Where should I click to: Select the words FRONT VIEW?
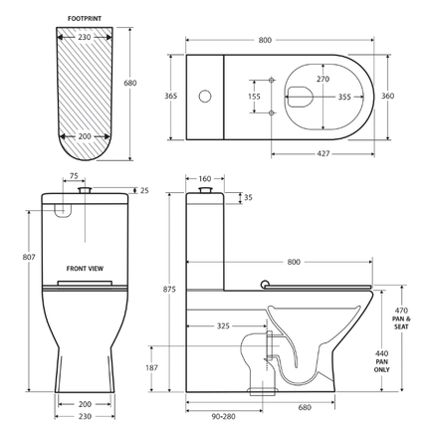(x=87, y=269)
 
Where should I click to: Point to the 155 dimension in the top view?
(x=254, y=97)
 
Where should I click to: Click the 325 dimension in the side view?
(x=224, y=325)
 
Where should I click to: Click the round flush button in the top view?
(x=205, y=97)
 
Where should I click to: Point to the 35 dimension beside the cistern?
(x=248, y=198)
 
